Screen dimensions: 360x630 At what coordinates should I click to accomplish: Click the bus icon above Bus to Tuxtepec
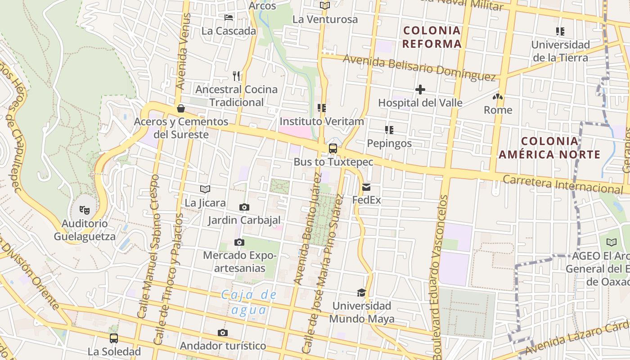(333, 148)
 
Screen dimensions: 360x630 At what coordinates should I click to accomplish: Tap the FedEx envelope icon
(366, 187)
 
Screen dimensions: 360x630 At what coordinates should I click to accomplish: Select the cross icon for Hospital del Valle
(420, 90)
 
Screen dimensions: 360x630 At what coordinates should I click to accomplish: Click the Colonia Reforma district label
(432, 37)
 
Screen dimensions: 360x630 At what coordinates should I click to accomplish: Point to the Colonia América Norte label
(549, 148)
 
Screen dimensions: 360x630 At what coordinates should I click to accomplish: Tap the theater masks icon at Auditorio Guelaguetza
(84, 210)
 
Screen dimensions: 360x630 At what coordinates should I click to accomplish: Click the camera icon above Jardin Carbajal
(244, 207)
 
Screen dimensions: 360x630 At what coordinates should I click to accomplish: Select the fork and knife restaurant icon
(236, 76)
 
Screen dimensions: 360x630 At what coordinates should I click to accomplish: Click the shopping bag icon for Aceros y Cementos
(181, 108)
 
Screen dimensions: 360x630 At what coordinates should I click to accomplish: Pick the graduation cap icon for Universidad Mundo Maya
(361, 293)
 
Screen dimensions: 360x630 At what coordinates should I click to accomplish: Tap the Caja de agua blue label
(249, 302)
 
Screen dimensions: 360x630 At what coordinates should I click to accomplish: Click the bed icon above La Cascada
(229, 18)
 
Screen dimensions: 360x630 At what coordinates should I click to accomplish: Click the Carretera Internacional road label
(562, 184)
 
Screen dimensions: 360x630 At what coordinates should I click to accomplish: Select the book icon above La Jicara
(205, 189)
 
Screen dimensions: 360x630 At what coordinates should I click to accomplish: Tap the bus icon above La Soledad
(114, 338)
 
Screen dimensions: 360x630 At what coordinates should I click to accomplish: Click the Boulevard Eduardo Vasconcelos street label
(440, 277)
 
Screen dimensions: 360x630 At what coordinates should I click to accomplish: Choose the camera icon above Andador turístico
(223, 333)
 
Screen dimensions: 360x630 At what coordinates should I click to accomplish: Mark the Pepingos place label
(389, 143)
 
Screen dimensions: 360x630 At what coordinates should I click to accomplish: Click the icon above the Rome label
(498, 97)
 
